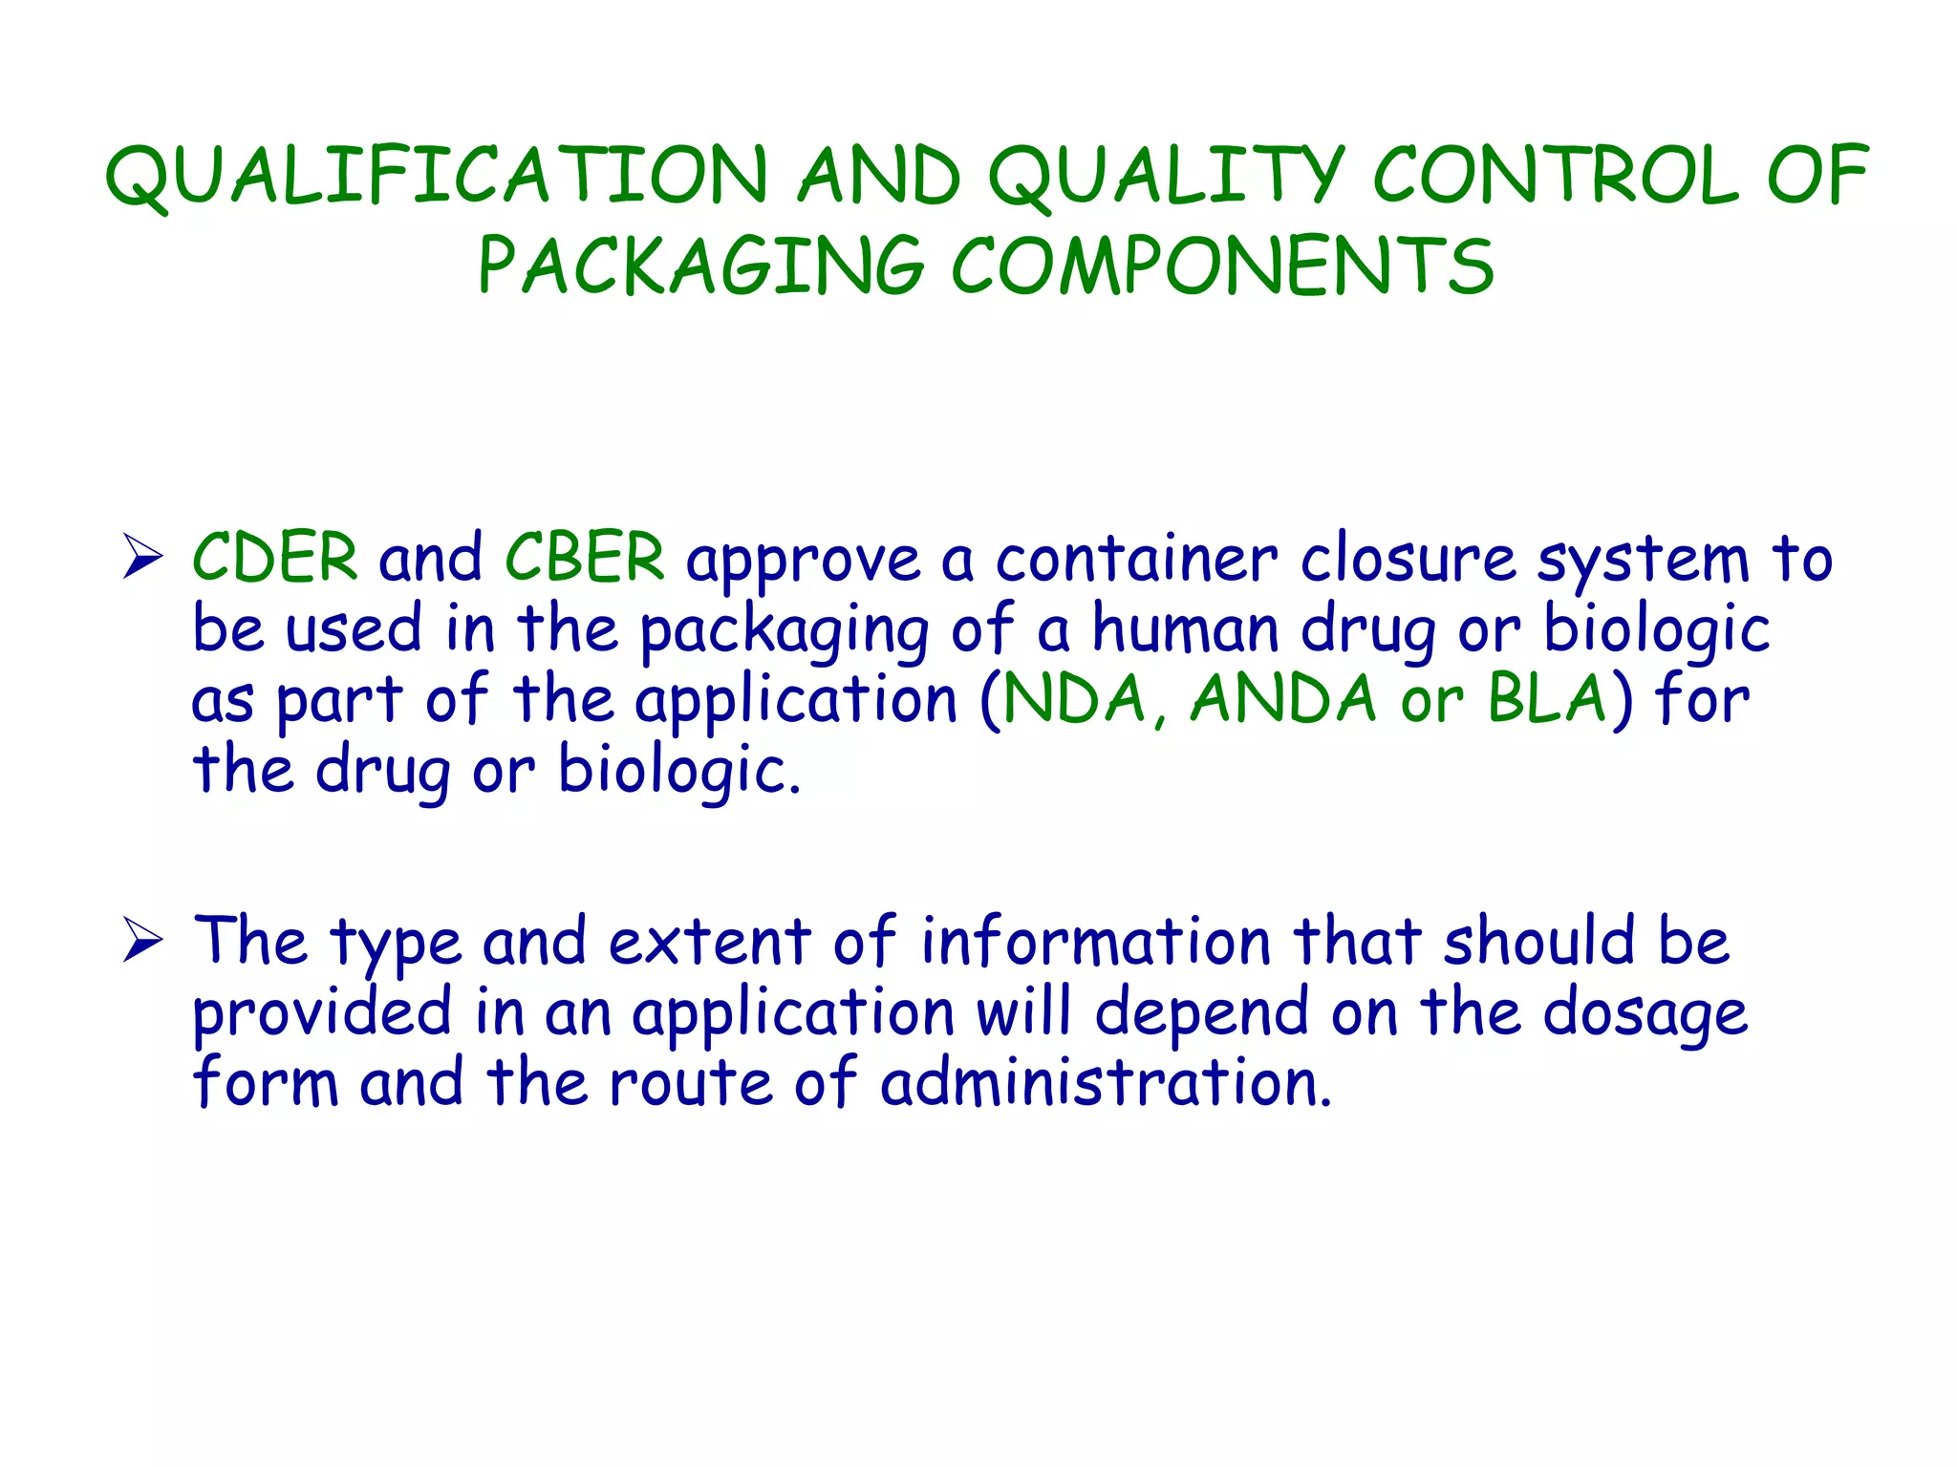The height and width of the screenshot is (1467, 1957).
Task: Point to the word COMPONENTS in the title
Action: click(x=1222, y=266)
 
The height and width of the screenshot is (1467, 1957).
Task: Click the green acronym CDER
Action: click(x=275, y=558)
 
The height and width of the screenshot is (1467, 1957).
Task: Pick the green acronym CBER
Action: click(x=584, y=558)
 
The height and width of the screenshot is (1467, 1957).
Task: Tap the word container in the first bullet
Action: click(x=1135, y=560)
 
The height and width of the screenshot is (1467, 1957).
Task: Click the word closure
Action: click(x=1408, y=560)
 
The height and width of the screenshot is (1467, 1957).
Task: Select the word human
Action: click(x=1185, y=630)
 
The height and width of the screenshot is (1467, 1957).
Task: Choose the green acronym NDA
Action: click(x=1074, y=699)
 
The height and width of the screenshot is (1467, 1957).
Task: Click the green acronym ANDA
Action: click(x=1283, y=699)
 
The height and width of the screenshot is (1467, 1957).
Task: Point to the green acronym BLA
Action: click(x=1547, y=699)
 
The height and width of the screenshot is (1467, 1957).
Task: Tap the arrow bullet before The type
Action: click(x=142, y=941)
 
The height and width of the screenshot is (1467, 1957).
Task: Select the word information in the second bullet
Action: click(x=1095, y=942)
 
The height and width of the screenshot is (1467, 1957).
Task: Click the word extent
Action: click(x=709, y=942)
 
